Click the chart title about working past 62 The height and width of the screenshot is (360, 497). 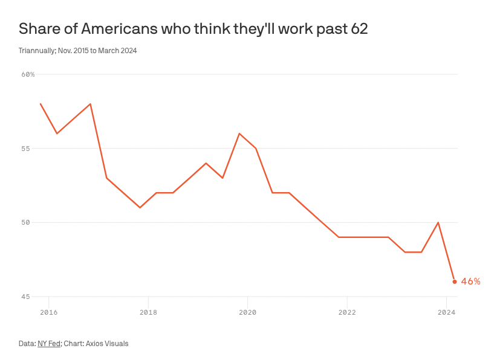(193, 28)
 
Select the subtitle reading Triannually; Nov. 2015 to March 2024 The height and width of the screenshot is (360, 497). (77, 51)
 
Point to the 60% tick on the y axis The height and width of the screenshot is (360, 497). (28, 74)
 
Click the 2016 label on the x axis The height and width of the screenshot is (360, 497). (48, 312)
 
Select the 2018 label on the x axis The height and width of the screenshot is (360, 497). (148, 312)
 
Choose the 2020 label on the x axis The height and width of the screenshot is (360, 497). (247, 312)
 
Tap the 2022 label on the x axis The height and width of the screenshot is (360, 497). (347, 312)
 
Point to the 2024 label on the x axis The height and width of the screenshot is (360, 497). (446, 312)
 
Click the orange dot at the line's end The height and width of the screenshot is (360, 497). (455, 281)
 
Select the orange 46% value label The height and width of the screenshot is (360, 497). (470, 281)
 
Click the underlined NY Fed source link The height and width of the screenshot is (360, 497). (49, 344)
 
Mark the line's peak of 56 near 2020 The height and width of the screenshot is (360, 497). (239, 133)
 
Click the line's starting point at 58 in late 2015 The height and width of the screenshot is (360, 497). (41, 104)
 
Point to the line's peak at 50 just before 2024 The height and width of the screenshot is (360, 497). (438, 222)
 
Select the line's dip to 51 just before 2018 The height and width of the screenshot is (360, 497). (140, 208)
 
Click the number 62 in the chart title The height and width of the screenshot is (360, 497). (359, 28)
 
